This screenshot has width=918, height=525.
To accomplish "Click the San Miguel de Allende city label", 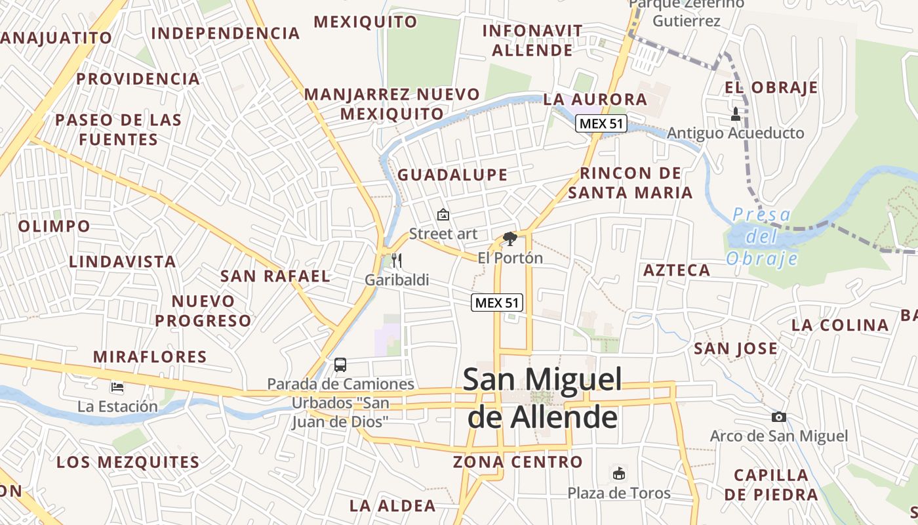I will coord(542,398).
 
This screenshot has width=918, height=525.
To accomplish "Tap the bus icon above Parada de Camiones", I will coord(340,365).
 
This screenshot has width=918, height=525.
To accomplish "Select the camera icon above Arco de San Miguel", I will coord(779,417).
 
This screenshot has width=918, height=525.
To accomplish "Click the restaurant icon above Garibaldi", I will coord(396,261).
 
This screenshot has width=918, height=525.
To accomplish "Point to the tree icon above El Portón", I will coord(509,239).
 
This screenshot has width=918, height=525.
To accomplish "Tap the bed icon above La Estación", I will coord(117,387).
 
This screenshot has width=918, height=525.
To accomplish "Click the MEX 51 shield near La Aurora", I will coord(601,123).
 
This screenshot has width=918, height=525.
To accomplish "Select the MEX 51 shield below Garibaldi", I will coord(497,303).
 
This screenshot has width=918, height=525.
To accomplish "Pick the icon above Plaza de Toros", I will coord(618,473).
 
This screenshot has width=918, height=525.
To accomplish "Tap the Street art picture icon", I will coord(443,215).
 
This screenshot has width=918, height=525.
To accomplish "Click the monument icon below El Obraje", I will coord(735,114).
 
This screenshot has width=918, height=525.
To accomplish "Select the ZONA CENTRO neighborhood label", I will coord(518,462).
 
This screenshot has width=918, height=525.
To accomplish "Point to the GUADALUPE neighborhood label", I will coord(452,175).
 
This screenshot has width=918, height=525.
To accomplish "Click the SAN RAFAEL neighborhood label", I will coord(275,276).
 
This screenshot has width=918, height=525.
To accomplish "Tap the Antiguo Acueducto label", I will coord(735,133).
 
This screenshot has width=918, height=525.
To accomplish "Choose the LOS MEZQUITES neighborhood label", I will coord(128,462).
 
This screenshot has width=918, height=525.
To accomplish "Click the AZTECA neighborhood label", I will coord(677,270).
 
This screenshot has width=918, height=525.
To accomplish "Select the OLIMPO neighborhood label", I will coord(54,226).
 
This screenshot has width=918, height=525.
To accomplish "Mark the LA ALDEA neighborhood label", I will coord(393,506).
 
